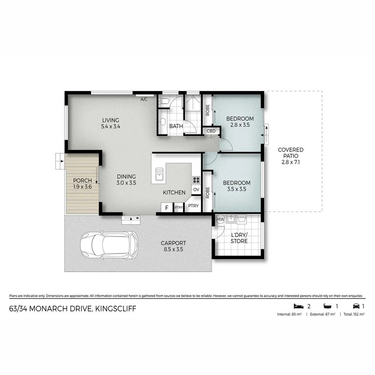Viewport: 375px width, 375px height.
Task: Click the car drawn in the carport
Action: tap(109, 245)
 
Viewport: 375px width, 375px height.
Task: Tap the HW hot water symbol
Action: tap(220, 219)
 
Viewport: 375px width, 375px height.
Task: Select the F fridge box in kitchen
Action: tap(167, 208)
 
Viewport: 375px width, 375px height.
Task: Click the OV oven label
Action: tap(196, 190)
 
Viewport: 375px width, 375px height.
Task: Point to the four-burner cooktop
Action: tap(196, 180)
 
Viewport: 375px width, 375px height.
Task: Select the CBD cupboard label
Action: tap(211, 131)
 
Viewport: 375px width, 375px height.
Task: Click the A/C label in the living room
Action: tap(144, 99)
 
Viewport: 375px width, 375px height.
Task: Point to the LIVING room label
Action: tap(110, 120)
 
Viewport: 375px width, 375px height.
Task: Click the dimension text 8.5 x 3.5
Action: tap(173, 249)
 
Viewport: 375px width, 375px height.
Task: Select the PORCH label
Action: tap(82, 181)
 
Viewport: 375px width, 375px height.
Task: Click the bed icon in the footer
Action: tap(298, 306)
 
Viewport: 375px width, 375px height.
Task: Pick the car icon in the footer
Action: tap(356, 306)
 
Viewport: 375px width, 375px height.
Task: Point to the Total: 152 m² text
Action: tap(354, 314)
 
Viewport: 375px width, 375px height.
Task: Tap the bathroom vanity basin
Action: tap(162, 122)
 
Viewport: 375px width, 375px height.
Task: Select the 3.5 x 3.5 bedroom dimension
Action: tap(236, 189)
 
